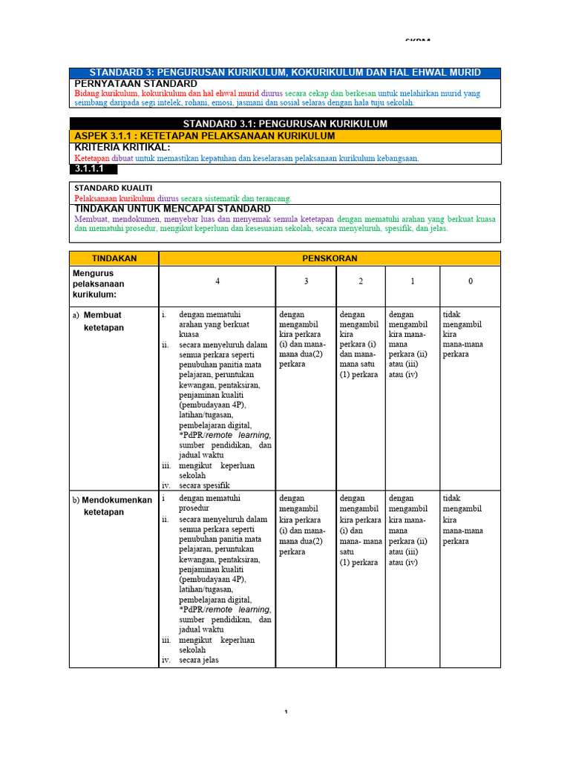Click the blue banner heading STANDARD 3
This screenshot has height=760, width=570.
click(x=285, y=73)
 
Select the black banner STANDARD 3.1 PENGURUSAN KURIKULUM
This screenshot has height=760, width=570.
click(x=285, y=124)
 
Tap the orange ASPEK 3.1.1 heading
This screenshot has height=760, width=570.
click(x=205, y=136)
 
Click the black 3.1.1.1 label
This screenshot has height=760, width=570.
click(x=88, y=168)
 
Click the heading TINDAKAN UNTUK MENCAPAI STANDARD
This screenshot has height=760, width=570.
click(x=173, y=209)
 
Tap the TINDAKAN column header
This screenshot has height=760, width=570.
click(x=114, y=258)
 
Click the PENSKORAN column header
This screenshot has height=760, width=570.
click(x=330, y=258)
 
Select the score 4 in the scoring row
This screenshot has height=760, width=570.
click(x=217, y=282)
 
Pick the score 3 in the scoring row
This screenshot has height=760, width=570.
click(x=306, y=282)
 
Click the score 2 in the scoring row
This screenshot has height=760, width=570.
click(x=360, y=282)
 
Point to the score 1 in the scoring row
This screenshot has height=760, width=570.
click(x=413, y=282)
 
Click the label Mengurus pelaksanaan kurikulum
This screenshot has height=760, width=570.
click(x=99, y=284)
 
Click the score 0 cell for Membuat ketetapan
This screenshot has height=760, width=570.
click(x=463, y=334)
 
